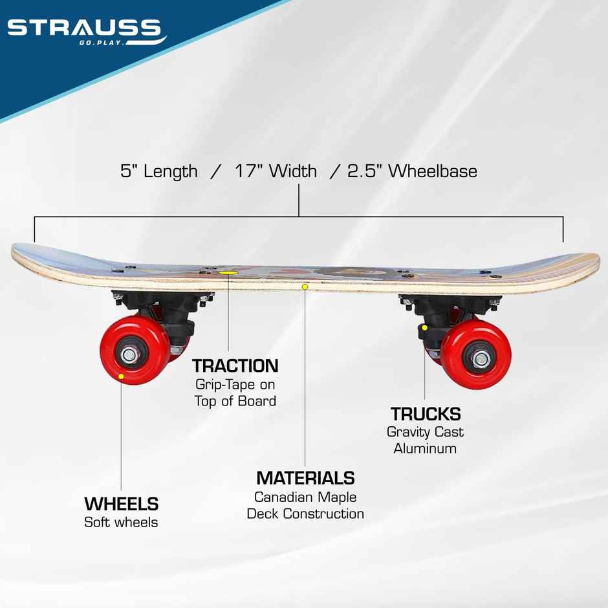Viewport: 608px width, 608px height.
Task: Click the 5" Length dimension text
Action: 159,171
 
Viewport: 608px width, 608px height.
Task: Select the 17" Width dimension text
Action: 276,171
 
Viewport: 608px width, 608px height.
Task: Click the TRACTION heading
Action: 235,366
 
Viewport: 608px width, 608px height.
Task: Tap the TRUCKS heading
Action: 425,414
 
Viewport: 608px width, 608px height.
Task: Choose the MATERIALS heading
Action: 305,478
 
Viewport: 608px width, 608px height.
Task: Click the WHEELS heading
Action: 122,504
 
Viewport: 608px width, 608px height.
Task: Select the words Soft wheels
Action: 121,522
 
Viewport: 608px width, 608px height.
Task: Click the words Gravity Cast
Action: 425,431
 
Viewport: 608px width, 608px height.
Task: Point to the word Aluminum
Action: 425,448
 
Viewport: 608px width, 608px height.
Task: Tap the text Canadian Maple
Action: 305,497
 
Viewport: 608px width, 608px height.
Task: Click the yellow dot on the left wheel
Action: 122,375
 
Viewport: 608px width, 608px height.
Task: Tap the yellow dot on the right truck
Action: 424,327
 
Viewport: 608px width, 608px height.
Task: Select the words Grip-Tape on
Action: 235,384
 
